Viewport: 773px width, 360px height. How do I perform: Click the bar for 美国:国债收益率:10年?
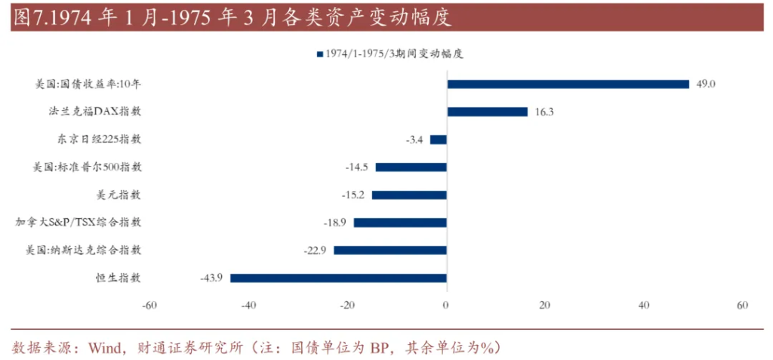pos(568,84)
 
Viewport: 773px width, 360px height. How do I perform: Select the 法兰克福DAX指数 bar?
pos(487,112)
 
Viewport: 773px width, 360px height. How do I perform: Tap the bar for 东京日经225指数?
pos(438,140)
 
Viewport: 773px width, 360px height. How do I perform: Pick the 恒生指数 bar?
pos(338,278)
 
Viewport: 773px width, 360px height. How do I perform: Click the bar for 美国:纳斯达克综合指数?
pos(390,250)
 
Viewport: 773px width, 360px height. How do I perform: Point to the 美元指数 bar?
pos(408,195)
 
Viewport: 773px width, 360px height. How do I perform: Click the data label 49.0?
pos(705,84)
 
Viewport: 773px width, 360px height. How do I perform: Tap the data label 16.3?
pos(544,112)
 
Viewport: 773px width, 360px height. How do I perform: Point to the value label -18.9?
pos(337,223)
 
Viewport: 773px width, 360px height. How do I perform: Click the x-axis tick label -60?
pos(149,305)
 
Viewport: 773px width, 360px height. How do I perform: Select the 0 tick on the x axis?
pos(446,305)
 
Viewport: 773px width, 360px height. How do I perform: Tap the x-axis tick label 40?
pos(644,305)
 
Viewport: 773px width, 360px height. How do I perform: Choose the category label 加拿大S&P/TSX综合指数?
pos(79,223)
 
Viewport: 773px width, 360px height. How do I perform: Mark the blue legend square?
pos(320,54)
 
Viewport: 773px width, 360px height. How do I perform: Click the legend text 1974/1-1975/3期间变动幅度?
pos(393,54)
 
